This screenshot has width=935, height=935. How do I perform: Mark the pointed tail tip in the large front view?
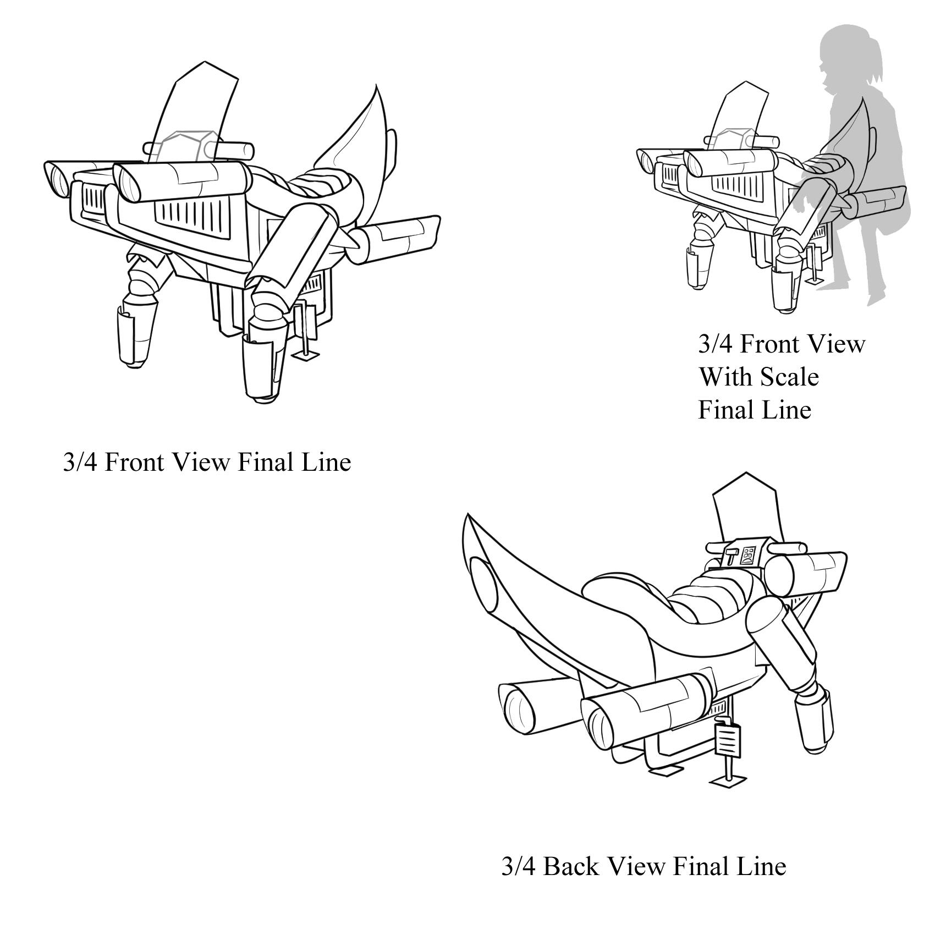pos(376,88)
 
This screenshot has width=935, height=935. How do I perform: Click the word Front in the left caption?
pos(135,462)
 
